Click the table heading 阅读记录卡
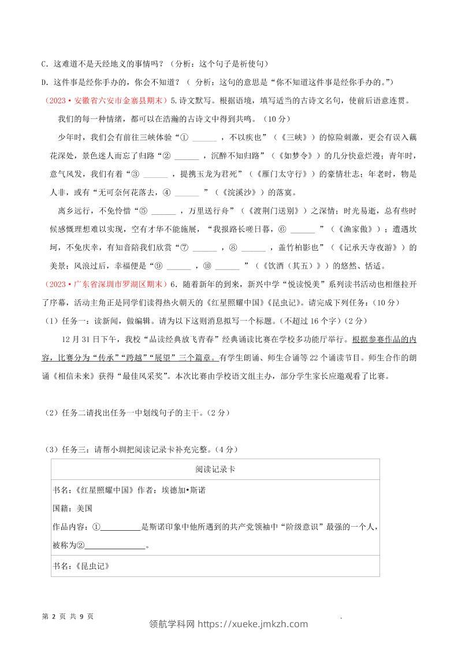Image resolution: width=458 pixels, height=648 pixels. pyautogui.click(x=215, y=470)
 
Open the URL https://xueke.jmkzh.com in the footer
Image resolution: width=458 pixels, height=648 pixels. pyautogui.click(x=252, y=624)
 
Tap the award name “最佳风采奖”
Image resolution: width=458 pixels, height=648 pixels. pyautogui.click(x=177, y=376)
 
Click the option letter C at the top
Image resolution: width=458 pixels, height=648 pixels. pyautogui.click(x=45, y=63)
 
